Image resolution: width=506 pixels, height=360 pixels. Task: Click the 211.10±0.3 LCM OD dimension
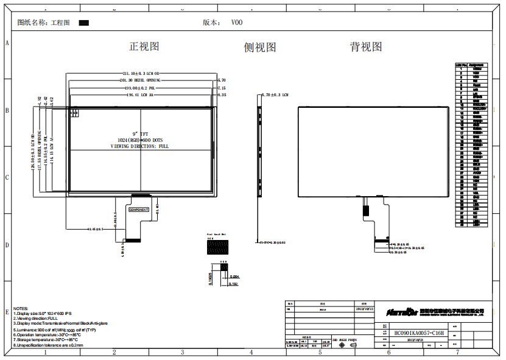click(x=140, y=74)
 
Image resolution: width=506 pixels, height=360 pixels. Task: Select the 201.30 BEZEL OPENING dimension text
click(x=141, y=80)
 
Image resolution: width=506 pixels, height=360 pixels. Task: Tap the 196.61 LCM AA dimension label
click(x=139, y=95)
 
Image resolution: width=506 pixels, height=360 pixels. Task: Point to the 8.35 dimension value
click(x=222, y=95)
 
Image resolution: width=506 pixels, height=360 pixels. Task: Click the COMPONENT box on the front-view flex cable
click(x=139, y=209)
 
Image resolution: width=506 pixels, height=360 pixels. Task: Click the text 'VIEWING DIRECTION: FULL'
click(x=139, y=146)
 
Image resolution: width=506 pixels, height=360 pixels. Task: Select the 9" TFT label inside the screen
click(x=140, y=133)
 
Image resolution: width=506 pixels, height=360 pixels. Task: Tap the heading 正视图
click(x=144, y=46)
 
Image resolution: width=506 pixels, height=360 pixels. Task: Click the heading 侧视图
click(x=260, y=47)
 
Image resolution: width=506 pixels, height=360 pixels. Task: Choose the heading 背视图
click(x=366, y=46)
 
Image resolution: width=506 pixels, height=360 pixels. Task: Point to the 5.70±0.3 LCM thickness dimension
click(x=275, y=95)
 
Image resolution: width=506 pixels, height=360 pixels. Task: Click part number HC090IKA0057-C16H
click(x=420, y=334)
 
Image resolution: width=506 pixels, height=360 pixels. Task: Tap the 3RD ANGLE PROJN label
click(x=345, y=339)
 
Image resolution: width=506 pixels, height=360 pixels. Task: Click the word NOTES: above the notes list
click(x=21, y=309)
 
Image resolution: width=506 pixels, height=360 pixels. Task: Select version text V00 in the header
click(x=237, y=23)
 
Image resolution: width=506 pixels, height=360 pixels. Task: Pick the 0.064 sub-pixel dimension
click(x=234, y=277)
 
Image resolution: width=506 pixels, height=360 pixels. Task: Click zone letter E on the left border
click(x=7, y=311)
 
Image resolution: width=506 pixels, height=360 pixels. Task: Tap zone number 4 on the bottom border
click(x=251, y=352)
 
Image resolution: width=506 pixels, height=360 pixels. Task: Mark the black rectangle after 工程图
click(x=84, y=23)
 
